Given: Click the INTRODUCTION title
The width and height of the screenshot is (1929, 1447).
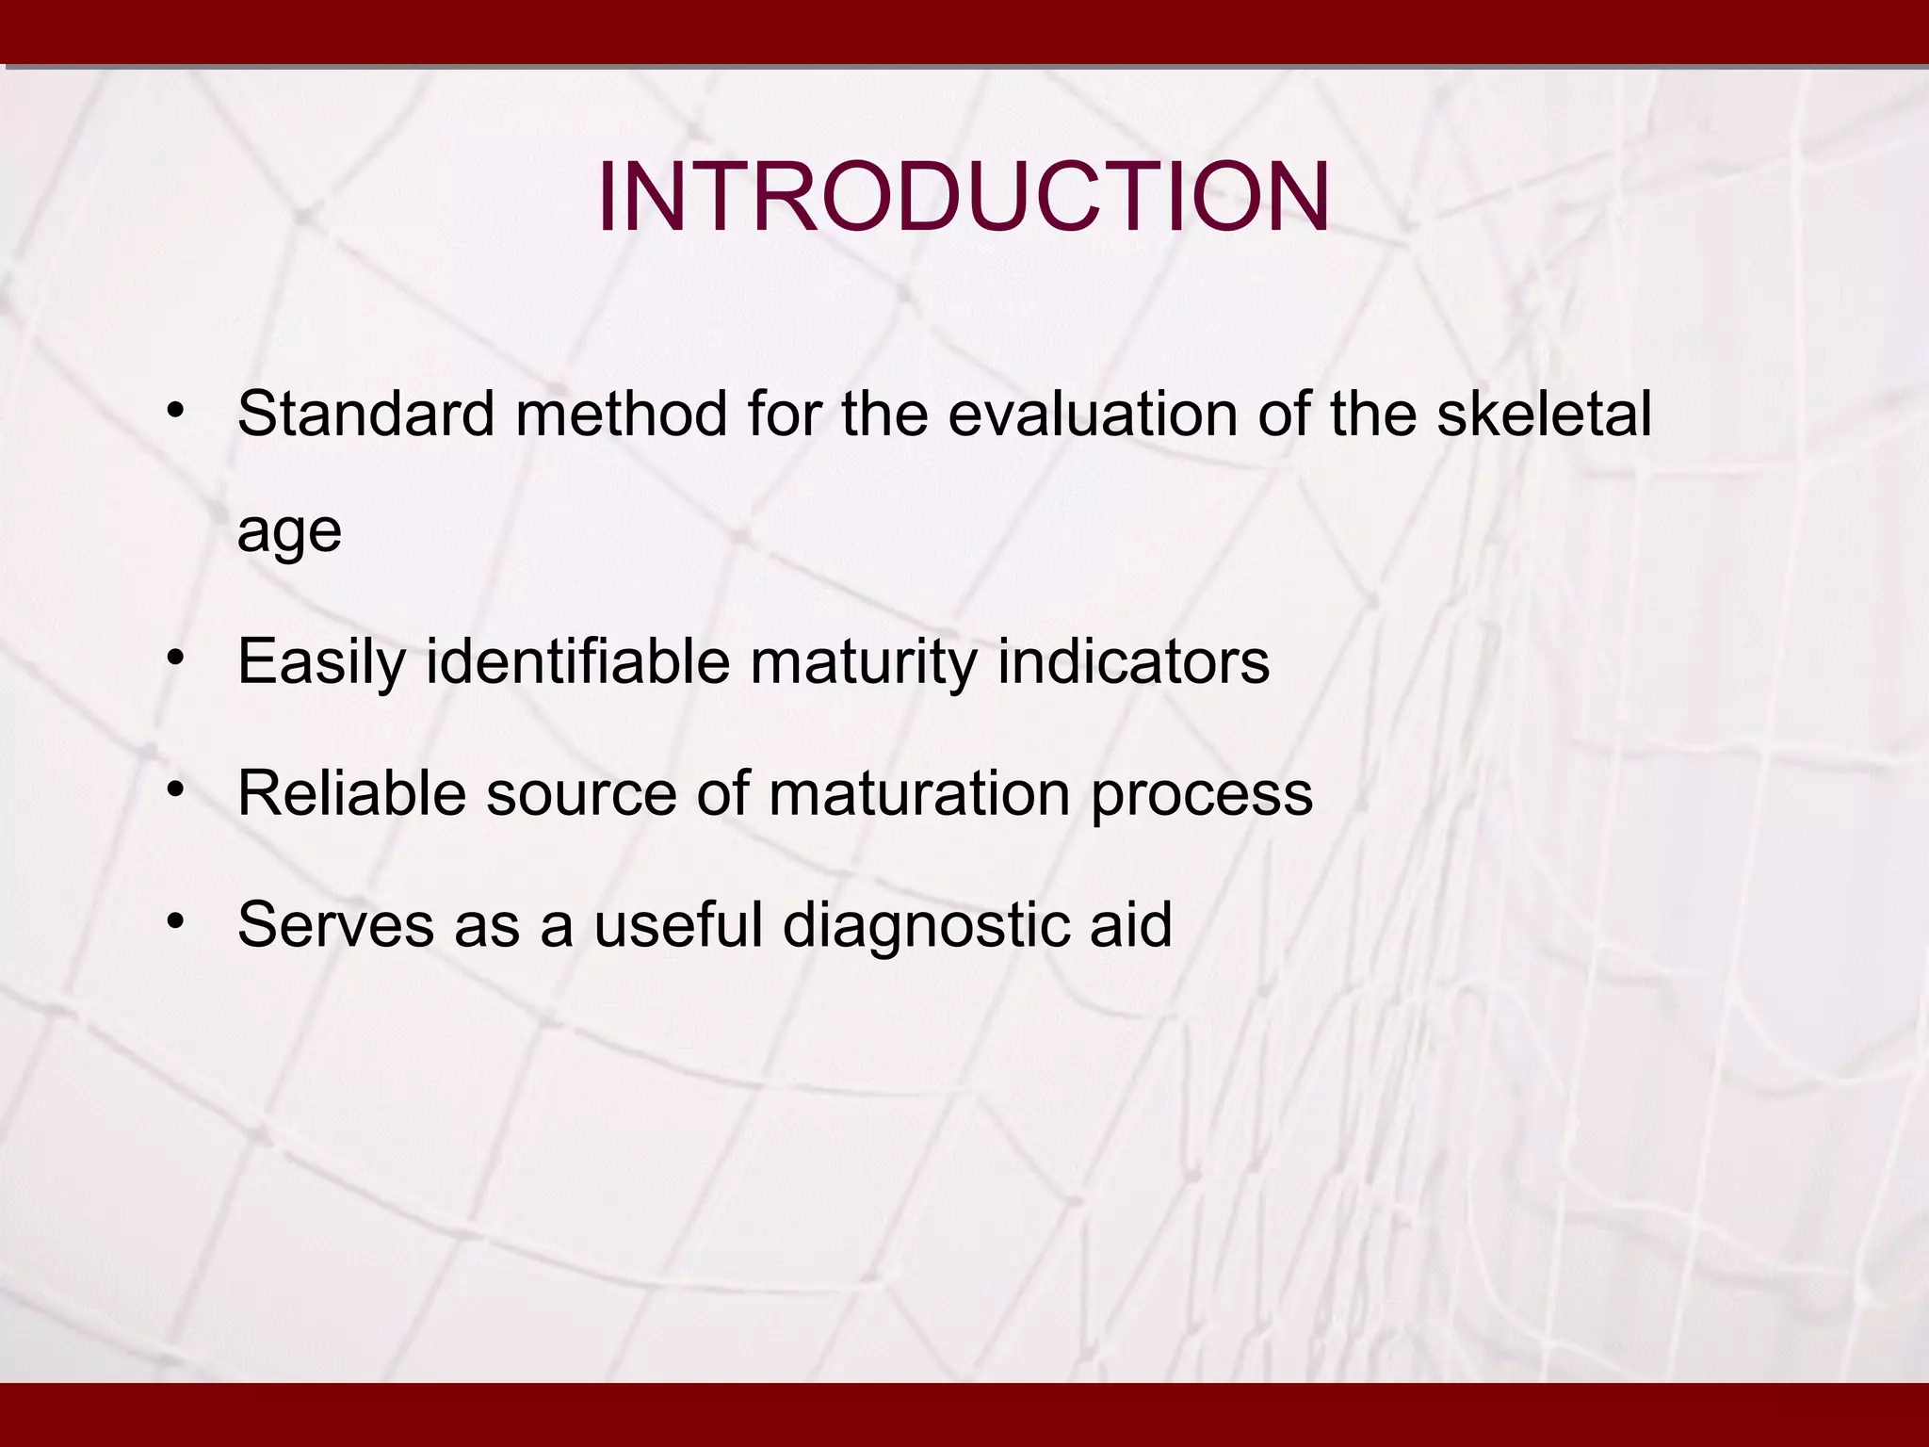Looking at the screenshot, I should (x=964, y=198).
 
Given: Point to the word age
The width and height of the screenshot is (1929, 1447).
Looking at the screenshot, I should (x=289, y=532).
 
